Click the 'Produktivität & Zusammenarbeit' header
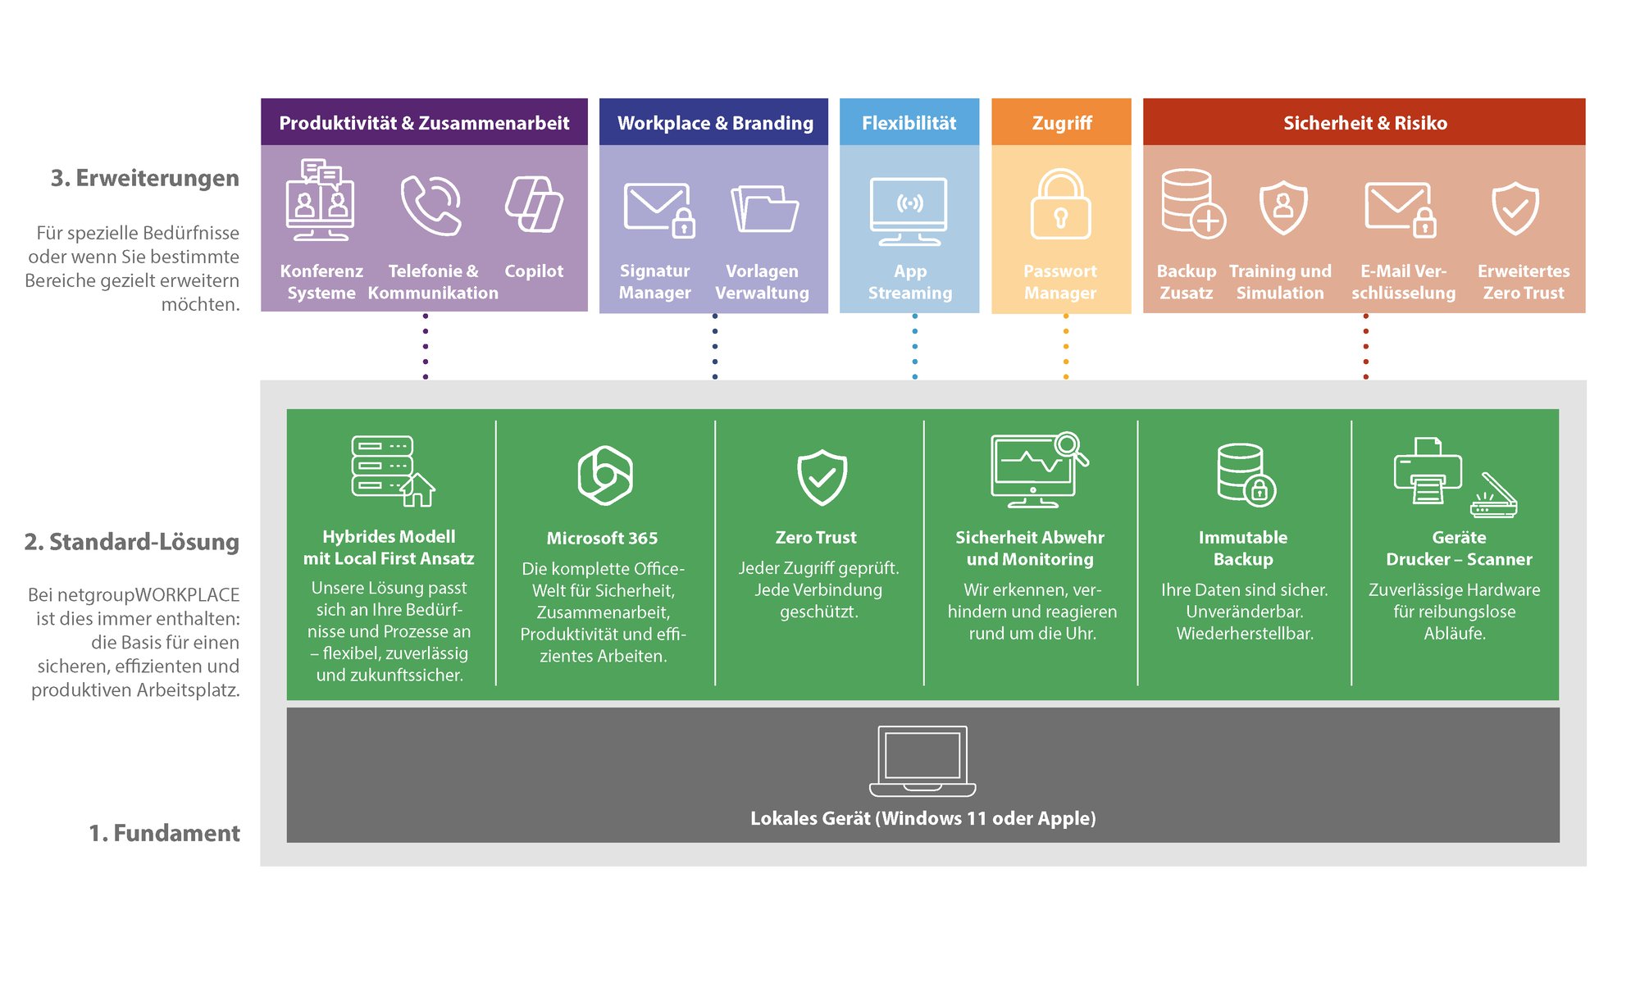click(x=424, y=122)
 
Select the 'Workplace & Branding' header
click(x=714, y=122)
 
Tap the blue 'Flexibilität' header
click(x=909, y=122)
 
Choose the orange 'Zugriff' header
click(x=1061, y=122)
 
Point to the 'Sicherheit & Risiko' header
click(x=1364, y=122)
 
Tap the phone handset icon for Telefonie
click(x=431, y=205)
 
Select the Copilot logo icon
click(x=534, y=204)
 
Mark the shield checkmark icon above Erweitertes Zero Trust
click(x=1515, y=208)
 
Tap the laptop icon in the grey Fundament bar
click(x=922, y=761)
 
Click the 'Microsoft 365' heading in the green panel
click(x=602, y=538)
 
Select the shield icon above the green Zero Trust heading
click(x=822, y=477)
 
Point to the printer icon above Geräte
click(x=1428, y=471)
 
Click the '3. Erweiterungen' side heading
click(x=145, y=178)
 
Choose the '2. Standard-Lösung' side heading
click(x=132, y=542)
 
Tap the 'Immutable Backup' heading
click(x=1243, y=548)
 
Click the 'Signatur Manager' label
click(x=654, y=281)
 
